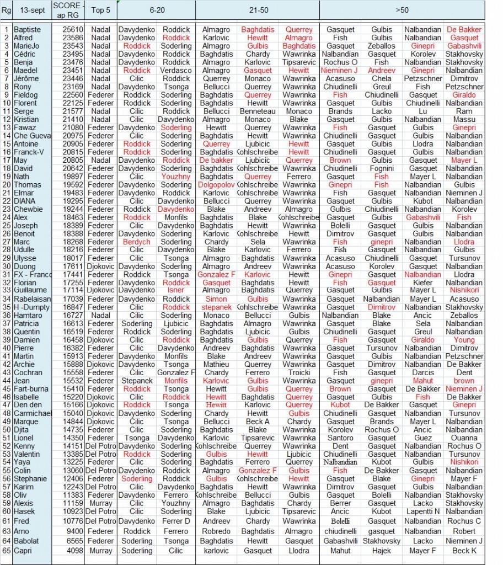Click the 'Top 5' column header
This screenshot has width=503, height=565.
pyautogui.click(x=100, y=10)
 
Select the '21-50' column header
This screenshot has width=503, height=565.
pyautogui.click(x=257, y=10)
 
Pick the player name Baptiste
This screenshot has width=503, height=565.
pyautogui.click(x=27, y=30)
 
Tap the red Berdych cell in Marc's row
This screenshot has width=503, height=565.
pyautogui.click(x=137, y=242)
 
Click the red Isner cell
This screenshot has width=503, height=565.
pyautogui.click(x=176, y=290)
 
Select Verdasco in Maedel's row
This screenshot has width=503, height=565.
pyautogui.click(x=176, y=71)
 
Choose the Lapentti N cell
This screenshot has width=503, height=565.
pyautogui.click(x=423, y=511)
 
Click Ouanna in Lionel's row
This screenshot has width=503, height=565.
pyautogui.click(x=464, y=438)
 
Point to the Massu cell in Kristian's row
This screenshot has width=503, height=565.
pyautogui.click(x=464, y=120)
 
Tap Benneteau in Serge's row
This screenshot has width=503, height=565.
pyautogui.click(x=258, y=111)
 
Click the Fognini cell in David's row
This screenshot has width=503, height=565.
pyautogui.click(x=382, y=168)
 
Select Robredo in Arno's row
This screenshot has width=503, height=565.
pyautogui.click(x=216, y=532)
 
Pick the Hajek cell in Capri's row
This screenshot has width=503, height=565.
pyautogui.click(x=382, y=551)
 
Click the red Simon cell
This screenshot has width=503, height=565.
pyautogui.click(x=216, y=299)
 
